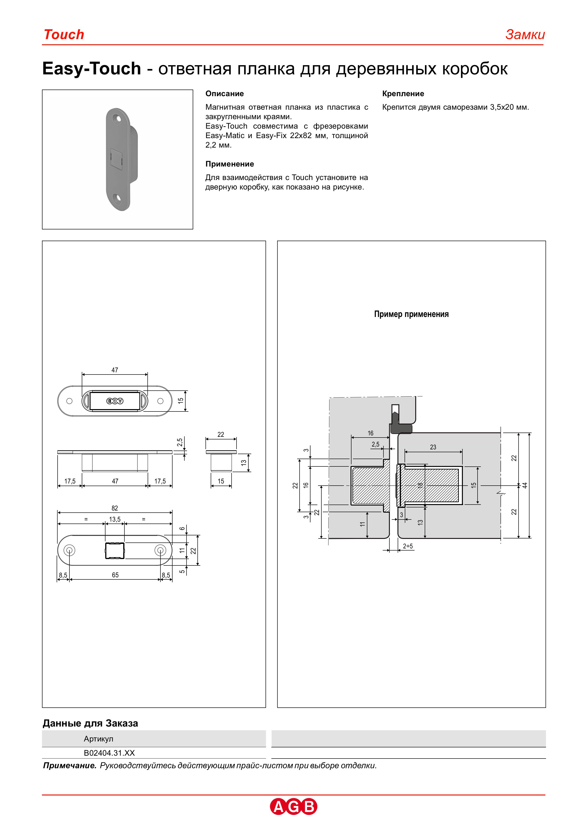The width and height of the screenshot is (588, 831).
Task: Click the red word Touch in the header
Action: click(64, 35)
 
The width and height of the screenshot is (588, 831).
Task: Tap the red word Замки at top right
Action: click(525, 35)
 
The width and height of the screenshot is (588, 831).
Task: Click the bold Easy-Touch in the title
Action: click(92, 69)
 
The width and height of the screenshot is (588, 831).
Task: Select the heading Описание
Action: click(224, 94)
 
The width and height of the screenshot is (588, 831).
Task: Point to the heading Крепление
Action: click(403, 94)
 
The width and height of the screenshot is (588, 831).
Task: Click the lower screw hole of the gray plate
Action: click(117, 198)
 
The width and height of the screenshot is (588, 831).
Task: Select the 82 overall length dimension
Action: click(115, 508)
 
